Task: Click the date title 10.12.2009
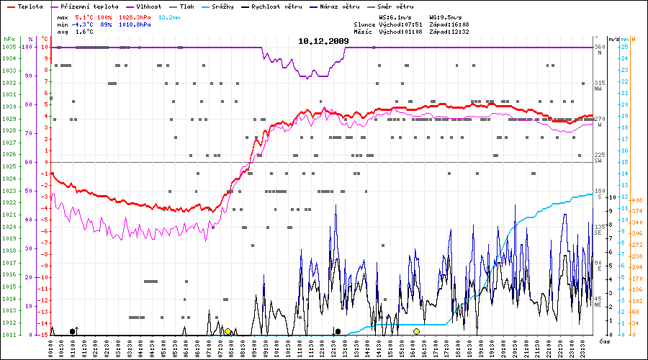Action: tap(323, 42)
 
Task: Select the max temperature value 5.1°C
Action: tap(85, 16)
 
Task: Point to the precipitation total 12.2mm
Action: tap(170, 16)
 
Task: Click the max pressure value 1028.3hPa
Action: tap(135, 16)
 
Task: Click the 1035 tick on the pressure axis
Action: tap(9, 47)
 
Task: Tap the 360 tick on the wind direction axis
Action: tap(599, 47)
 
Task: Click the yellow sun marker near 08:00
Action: tap(228, 331)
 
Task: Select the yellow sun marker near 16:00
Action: tap(416, 331)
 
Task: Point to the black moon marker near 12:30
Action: tap(338, 331)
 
